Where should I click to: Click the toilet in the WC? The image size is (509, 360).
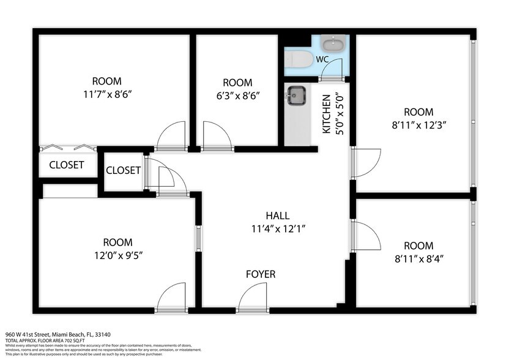coord(299,59)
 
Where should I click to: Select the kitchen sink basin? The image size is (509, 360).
coord(296,95)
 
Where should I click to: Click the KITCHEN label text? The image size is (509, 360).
coord(326,114)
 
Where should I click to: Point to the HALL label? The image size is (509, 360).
coord(277,216)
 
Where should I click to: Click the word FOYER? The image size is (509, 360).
coord(260,274)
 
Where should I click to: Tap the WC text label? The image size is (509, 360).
coord(322,59)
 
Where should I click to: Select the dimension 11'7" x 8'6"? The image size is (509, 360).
coord(106,95)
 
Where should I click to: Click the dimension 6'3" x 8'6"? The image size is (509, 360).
coord(237,96)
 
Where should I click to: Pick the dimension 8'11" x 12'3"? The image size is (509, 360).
coord(418,125)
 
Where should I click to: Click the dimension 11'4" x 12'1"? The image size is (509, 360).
coord(277,228)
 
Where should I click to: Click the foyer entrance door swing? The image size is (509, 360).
coord(252,299)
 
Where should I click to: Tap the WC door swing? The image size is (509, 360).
coord(332,69)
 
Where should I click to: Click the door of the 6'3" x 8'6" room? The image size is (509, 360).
coord(217,136)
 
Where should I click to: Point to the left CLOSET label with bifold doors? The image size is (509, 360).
coord(67,165)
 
